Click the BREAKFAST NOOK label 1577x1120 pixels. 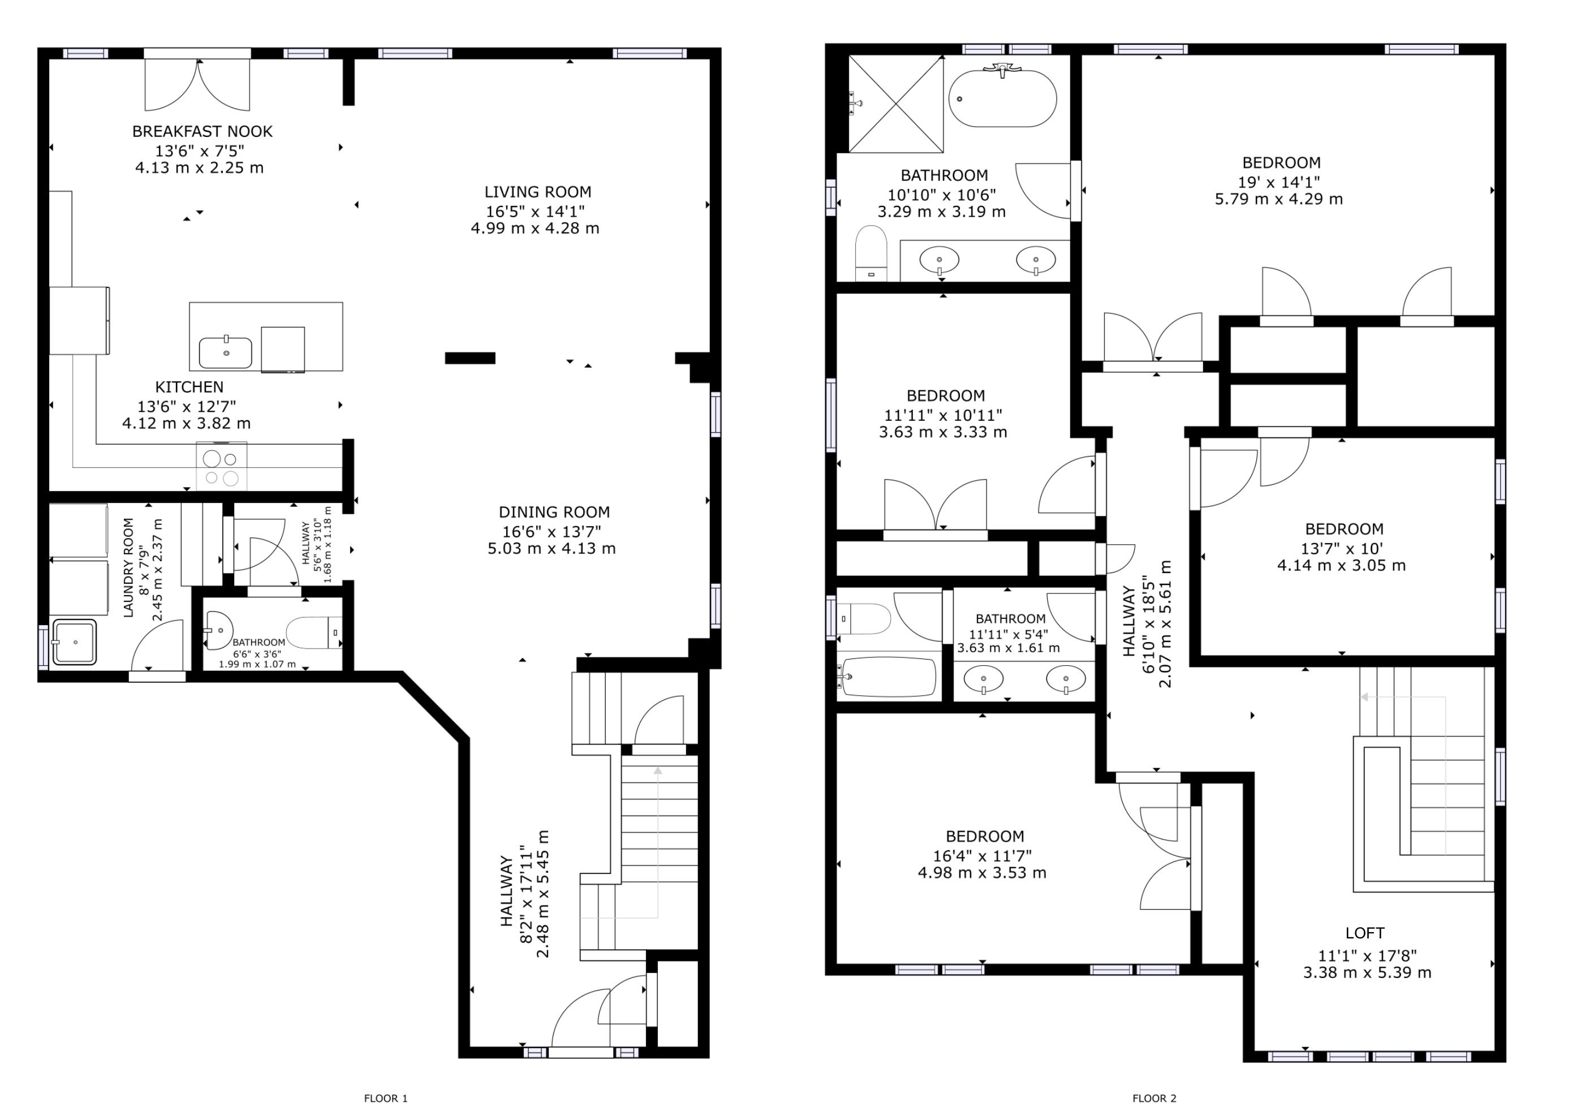(202, 131)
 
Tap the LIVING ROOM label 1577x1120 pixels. (538, 192)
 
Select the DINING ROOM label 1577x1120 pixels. (554, 512)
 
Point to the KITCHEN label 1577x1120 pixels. (189, 387)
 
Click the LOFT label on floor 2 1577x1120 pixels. (1365, 933)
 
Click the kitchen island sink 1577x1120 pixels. (226, 353)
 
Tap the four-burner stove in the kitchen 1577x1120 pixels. (221, 467)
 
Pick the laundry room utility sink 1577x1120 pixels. (75, 642)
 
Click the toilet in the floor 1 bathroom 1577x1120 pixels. (314, 632)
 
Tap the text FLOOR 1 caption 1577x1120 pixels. (385, 1099)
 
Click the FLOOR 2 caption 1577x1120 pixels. (1154, 1099)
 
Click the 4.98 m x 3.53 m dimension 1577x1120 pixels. (982, 872)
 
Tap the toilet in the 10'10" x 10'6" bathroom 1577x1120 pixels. (871, 252)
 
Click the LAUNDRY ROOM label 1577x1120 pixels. (128, 567)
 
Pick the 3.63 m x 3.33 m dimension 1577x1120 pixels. (942, 432)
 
